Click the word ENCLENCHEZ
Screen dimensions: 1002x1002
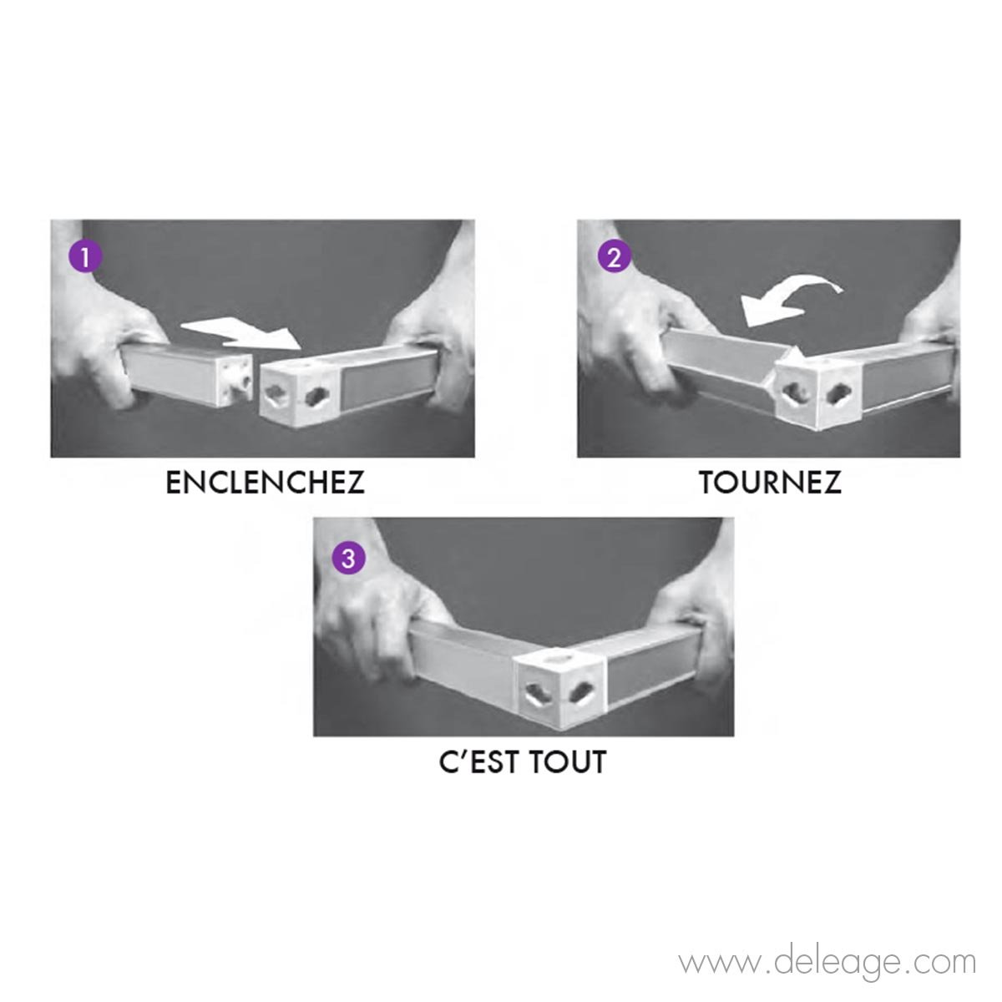coord(266,483)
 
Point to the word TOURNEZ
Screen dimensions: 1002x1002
coord(770,483)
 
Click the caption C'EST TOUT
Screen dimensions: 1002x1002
coord(523,762)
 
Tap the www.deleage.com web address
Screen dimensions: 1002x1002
coord(827,962)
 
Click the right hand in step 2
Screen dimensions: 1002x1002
coord(935,326)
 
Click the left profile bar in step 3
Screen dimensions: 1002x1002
coord(463,668)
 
